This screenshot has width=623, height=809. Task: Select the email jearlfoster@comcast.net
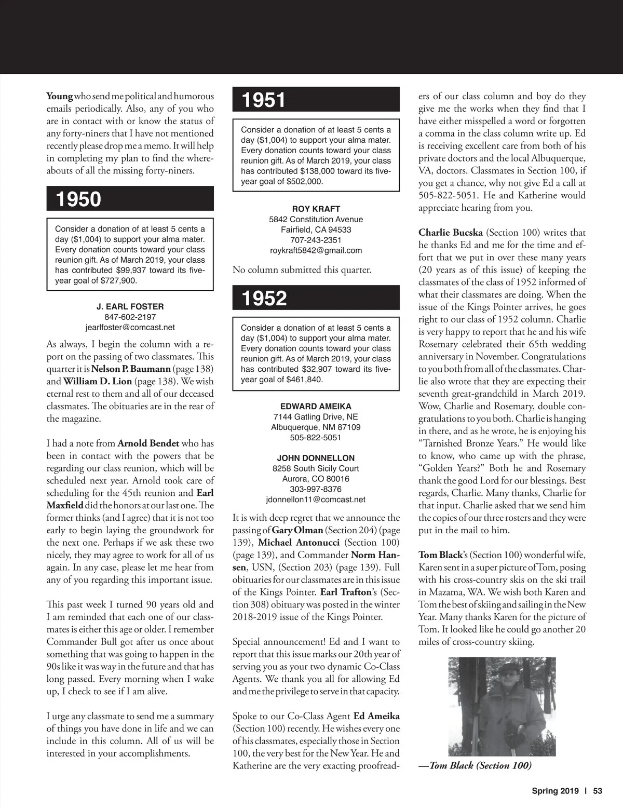pyautogui.click(x=130, y=327)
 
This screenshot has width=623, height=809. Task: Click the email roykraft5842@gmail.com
pyautogui.click(x=316, y=250)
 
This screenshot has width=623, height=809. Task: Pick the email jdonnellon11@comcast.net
pyautogui.click(x=316, y=500)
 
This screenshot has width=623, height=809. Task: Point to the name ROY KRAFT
pyautogui.click(x=316, y=209)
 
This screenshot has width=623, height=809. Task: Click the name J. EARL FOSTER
pyautogui.click(x=130, y=306)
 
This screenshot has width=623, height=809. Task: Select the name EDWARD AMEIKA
pyautogui.click(x=316, y=406)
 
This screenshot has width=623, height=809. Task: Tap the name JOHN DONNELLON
pyautogui.click(x=316, y=458)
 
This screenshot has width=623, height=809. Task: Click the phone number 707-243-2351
pyautogui.click(x=316, y=240)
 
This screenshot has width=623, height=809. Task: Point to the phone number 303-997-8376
pyautogui.click(x=316, y=489)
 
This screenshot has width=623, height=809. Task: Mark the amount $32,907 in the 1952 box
pyautogui.click(x=320, y=369)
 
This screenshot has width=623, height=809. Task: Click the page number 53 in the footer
pyautogui.click(x=597, y=791)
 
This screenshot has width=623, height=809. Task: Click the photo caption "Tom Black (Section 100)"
pyautogui.click(x=475, y=765)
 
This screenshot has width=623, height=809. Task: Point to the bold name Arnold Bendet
pyautogui.click(x=148, y=443)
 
